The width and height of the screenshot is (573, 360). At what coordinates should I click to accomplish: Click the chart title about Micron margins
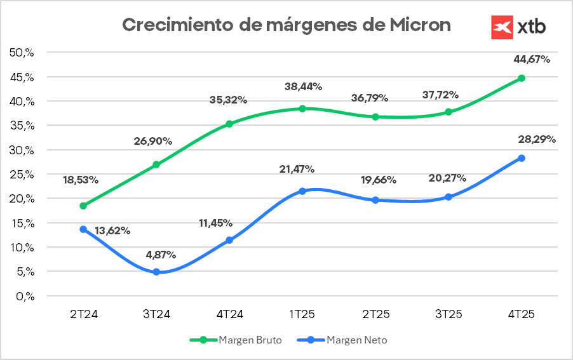tap(286, 25)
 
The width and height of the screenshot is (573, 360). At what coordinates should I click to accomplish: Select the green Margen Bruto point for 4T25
tap(522, 78)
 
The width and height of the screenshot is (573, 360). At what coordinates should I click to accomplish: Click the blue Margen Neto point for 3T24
tap(156, 272)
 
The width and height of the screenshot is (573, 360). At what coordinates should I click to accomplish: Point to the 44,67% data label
tap(531, 60)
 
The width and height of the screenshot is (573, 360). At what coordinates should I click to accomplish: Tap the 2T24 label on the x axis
tap(83, 314)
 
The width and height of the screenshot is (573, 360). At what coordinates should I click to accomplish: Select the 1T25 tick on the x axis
tap(302, 314)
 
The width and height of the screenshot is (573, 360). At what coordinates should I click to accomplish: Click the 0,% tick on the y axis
tap(24, 296)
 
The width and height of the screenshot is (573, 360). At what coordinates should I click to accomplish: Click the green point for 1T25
tap(302, 109)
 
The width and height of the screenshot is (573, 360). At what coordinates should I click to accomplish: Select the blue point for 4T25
tap(522, 158)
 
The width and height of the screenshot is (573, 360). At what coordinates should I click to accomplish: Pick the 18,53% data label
tap(81, 180)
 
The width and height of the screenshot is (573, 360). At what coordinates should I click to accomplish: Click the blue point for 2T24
tap(83, 229)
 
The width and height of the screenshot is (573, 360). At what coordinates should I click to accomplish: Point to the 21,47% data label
tap(296, 169)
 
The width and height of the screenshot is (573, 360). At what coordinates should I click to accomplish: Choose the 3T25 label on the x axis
tap(448, 314)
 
